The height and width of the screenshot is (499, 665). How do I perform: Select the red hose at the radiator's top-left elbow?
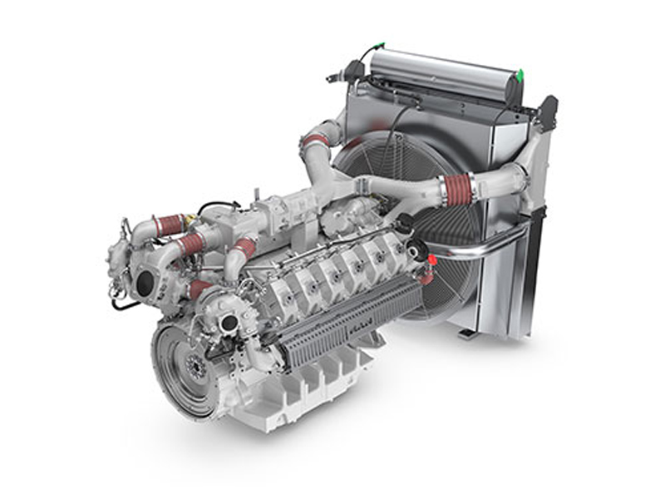pyautogui.click(x=315, y=141)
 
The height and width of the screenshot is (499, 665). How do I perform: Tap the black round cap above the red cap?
pyautogui.click(x=405, y=223)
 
